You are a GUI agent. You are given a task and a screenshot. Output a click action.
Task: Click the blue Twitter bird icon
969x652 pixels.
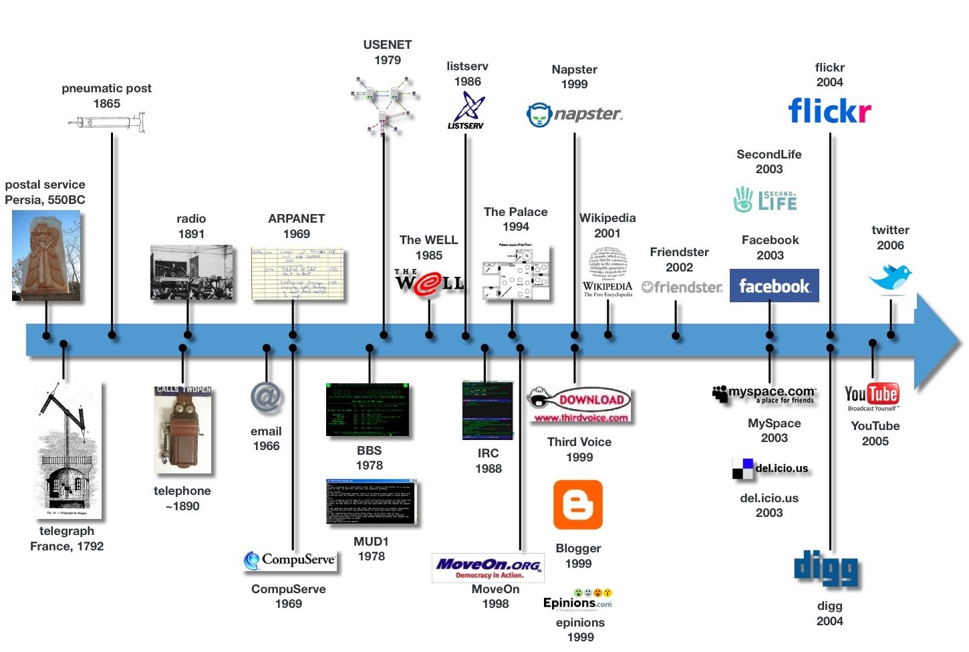point(890,277)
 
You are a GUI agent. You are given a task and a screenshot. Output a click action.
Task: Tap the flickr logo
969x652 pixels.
point(829,111)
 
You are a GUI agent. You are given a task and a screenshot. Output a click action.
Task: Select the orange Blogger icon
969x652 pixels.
point(578,505)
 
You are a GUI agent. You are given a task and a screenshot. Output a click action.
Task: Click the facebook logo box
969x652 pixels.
point(774,286)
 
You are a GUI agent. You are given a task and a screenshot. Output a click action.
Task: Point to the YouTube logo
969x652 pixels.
point(872,395)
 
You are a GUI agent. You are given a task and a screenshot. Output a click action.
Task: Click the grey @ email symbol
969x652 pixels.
point(266,398)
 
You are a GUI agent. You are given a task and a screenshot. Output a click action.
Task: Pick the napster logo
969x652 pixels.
point(575,114)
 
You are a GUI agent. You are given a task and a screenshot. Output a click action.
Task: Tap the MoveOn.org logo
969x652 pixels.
point(488,568)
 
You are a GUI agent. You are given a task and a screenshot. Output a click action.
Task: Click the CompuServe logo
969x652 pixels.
point(291,560)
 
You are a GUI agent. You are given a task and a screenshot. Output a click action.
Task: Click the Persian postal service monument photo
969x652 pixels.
point(46,255)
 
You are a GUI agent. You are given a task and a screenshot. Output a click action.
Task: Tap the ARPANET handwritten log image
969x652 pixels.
point(297,274)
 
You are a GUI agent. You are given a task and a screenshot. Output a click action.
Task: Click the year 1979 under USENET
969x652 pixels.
point(388,60)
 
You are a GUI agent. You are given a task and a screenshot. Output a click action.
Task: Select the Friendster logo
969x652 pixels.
point(682,287)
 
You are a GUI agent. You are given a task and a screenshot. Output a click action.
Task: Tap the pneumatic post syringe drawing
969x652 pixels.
point(107,122)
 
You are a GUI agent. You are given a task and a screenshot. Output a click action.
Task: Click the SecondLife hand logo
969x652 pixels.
point(743,199)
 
